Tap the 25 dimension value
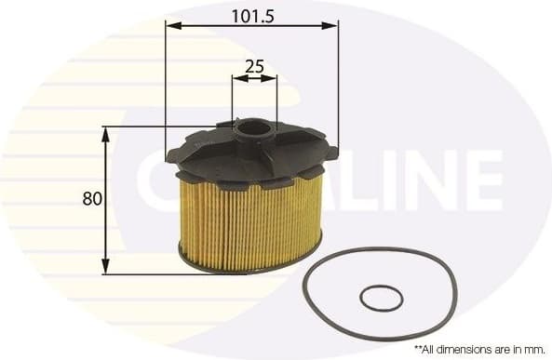coord(254,66)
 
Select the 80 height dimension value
coord(91,198)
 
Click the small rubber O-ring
coord(381,299)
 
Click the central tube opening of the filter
coord(253,126)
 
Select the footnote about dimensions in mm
coord(478,348)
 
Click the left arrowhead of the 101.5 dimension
coord(171,26)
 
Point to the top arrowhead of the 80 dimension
coord(105,133)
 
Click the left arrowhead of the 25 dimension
coord(236,79)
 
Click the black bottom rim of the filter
coord(249,268)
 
